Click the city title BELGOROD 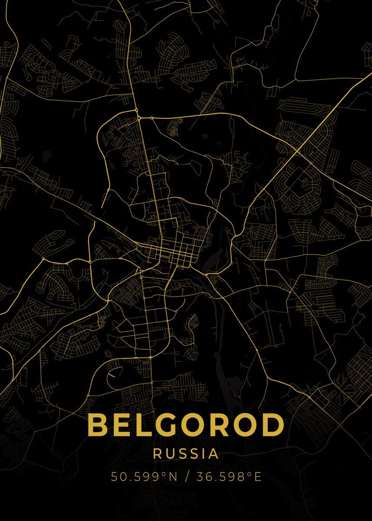186,425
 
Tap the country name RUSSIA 186,454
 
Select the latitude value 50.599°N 144,477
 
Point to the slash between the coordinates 187,477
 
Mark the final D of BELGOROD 274,425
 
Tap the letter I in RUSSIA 202,454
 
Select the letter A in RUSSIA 213,454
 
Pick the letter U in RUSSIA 169,454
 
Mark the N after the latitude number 173,477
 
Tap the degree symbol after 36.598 250,474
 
